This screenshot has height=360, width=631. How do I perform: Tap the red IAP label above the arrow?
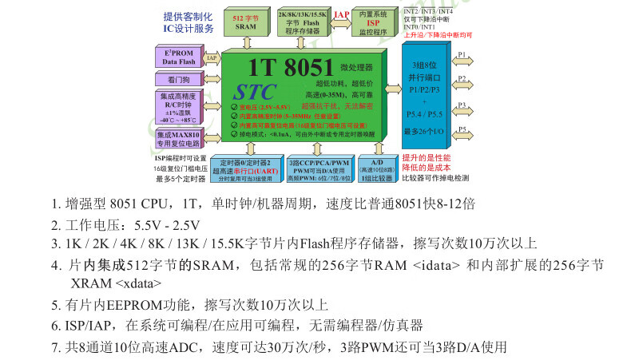341,14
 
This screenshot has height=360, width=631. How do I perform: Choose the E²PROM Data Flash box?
179,57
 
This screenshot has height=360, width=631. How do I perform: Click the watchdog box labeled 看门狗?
178,80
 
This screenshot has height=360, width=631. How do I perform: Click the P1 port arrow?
462,57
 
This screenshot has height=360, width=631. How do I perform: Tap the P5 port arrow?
462,132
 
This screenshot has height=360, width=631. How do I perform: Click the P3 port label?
462,105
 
